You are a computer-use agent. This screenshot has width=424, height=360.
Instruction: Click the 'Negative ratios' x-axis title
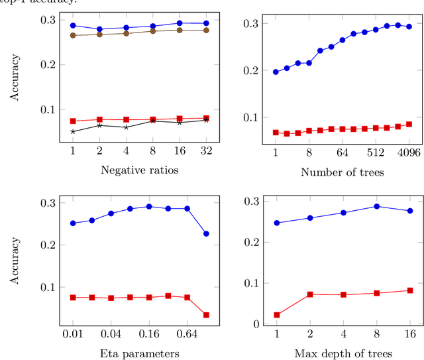140,170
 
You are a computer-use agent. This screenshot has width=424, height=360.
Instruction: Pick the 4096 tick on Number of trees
408,153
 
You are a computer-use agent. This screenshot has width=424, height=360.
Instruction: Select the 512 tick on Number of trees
375,153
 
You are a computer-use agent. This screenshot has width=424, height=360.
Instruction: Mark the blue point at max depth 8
376,206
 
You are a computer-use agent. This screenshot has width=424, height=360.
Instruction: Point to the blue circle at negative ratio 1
73,25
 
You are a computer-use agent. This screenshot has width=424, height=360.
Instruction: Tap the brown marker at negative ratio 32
206,30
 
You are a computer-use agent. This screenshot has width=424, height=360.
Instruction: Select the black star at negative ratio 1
73,131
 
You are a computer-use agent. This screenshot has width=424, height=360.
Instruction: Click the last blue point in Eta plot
206,233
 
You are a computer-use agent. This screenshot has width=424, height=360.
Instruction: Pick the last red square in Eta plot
206,315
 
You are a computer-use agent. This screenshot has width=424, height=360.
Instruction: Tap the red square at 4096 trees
409,124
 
